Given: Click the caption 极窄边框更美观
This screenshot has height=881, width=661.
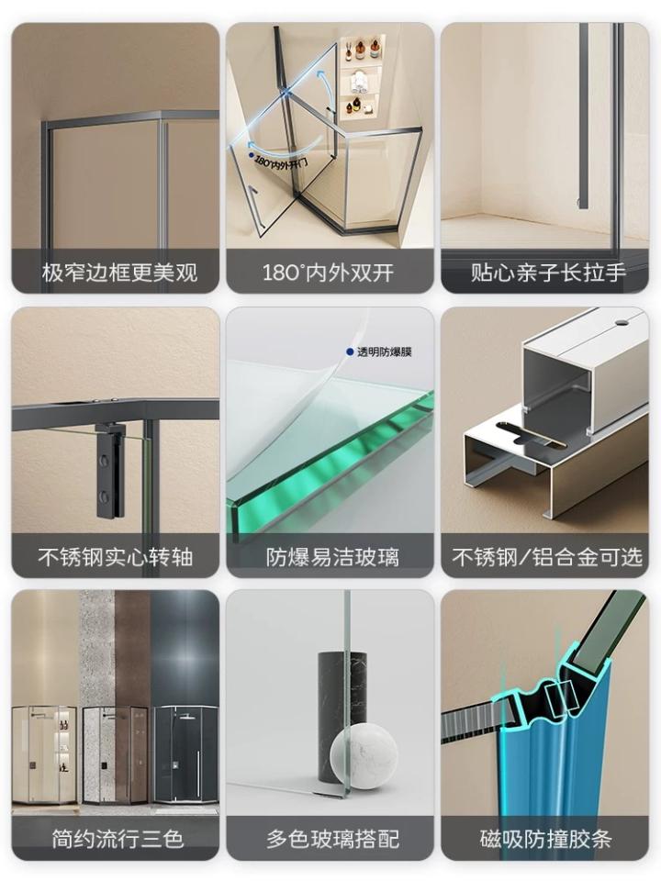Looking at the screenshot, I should [x=118, y=273].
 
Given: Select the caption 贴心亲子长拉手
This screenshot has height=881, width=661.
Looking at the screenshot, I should [x=548, y=273].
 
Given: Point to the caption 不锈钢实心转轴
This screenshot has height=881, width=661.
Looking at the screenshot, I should [x=116, y=557].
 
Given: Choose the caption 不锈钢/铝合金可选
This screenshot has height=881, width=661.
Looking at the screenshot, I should [x=547, y=557].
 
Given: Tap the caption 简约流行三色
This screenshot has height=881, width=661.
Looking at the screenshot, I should [x=116, y=839].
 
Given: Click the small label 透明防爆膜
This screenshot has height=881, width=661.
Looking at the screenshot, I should [x=384, y=351].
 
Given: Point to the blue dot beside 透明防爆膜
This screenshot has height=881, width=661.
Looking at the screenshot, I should [x=350, y=351].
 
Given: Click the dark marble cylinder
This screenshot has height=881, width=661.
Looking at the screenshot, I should [x=340, y=688].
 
